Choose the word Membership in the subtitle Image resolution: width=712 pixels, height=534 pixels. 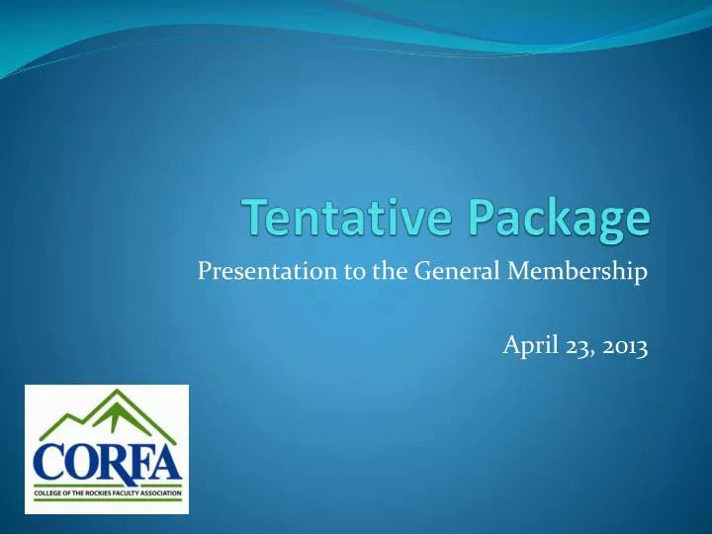[x=571, y=269]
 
